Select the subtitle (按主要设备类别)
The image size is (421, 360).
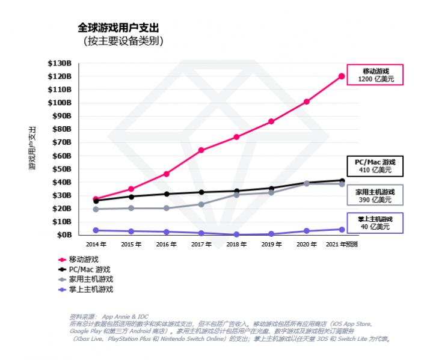(123, 41)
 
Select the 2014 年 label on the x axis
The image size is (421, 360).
(96, 245)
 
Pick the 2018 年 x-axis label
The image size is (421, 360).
(236, 245)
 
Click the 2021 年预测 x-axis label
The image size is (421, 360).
(342, 245)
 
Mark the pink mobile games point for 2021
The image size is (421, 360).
(342, 76)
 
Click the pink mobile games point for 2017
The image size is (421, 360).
(201, 150)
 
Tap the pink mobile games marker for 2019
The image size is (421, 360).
(271, 121)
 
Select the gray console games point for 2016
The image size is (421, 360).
(166, 209)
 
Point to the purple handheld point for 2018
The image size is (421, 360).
(236, 234)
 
